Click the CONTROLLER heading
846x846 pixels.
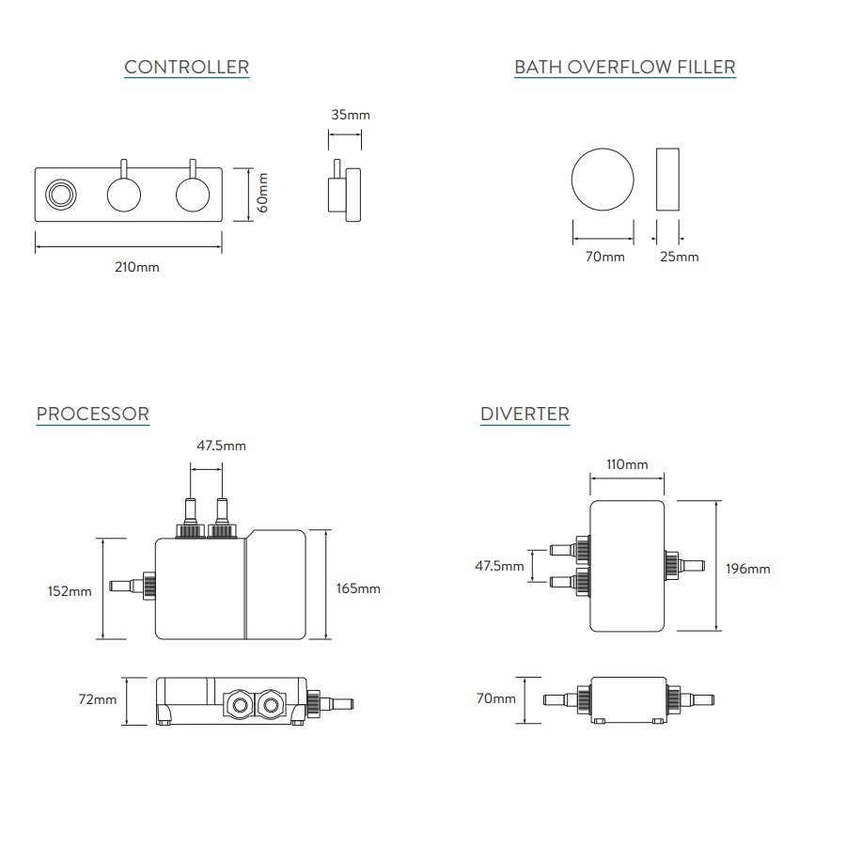(x=186, y=67)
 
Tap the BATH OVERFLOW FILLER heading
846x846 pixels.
(x=624, y=67)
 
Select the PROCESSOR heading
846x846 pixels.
(x=92, y=414)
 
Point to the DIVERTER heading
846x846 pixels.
(x=525, y=414)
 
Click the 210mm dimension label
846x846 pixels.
(x=137, y=267)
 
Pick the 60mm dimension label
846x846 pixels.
(x=263, y=192)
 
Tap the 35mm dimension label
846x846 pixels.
(x=351, y=115)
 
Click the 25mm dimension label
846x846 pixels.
(x=679, y=257)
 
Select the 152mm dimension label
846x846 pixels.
(x=70, y=591)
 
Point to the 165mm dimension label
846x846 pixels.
(x=358, y=588)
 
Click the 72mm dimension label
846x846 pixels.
(x=98, y=699)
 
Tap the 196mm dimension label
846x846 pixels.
(x=748, y=568)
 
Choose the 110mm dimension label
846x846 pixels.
(x=627, y=464)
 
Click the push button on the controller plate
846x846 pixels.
(x=61, y=195)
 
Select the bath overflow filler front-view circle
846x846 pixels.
(x=603, y=179)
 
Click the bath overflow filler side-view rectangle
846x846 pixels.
(x=667, y=179)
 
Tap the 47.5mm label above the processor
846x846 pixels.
(x=221, y=446)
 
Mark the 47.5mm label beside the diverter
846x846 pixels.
(x=499, y=566)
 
